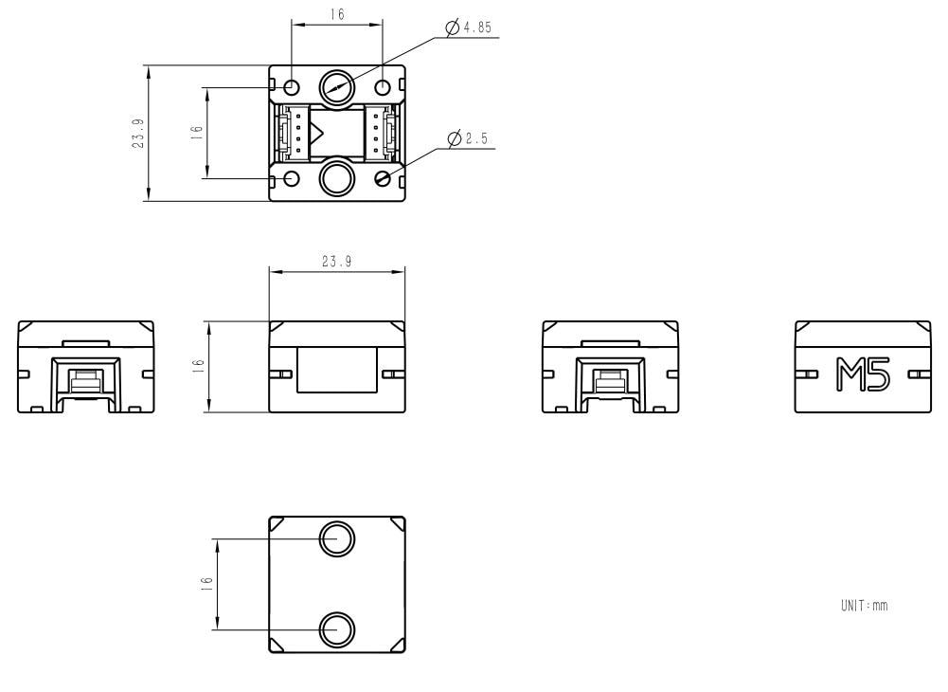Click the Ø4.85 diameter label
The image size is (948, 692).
(470, 28)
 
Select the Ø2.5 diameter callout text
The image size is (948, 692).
(468, 139)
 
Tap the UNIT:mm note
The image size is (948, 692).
(864, 605)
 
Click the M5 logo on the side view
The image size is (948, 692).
(862, 374)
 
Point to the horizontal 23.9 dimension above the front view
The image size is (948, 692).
(336, 262)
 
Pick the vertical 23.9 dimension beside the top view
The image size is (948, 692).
(139, 133)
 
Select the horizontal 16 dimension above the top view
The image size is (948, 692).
(337, 14)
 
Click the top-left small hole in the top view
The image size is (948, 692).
(292, 87)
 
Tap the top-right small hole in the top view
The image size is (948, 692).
(383, 87)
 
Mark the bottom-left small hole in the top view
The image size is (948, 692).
(292, 178)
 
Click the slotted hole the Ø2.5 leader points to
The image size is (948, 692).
(383, 178)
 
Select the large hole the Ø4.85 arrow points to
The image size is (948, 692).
(336, 87)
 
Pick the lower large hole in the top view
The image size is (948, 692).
(336, 177)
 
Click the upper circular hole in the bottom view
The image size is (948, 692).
(336, 539)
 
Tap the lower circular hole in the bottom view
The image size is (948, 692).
(336, 628)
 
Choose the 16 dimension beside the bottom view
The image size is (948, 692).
(207, 585)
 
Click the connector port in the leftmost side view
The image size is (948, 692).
(86, 381)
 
